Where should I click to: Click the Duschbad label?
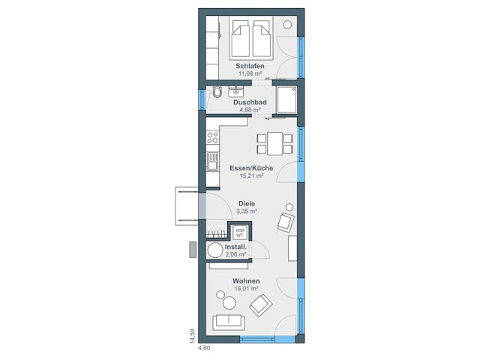[x=250, y=102]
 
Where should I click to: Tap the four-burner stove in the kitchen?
[x=212, y=138]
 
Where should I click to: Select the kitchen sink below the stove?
[x=212, y=161]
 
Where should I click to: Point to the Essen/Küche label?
[x=250, y=168]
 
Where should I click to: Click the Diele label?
[x=247, y=203]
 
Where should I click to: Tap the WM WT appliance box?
[x=240, y=231]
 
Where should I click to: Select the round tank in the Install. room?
[x=215, y=250]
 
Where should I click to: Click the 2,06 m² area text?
[x=236, y=254]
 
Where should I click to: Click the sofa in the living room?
[x=228, y=322]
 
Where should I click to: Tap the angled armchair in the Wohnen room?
[x=260, y=304]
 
